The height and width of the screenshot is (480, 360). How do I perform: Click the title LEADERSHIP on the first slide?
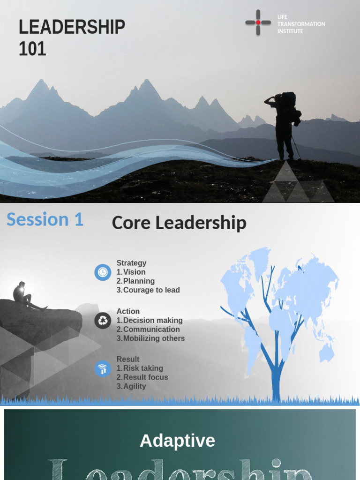pyautogui.click(x=72, y=28)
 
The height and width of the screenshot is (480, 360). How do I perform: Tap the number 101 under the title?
pyautogui.click(x=32, y=49)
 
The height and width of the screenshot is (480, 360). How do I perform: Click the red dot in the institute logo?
pyautogui.click(x=258, y=22)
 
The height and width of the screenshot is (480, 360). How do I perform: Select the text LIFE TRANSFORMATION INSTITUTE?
pyautogui.click(x=301, y=24)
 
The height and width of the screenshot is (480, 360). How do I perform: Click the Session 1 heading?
pyautogui.click(x=45, y=219)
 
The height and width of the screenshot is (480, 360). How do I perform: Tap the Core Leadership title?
pyautogui.click(x=179, y=223)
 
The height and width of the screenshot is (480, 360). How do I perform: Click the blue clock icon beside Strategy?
pyautogui.click(x=103, y=272)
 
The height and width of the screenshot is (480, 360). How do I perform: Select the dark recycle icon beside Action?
pyautogui.click(x=103, y=321)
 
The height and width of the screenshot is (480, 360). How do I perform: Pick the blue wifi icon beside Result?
pyautogui.click(x=103, y=368)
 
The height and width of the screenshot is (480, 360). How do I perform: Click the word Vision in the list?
pyautogui.click(x=134, y=272)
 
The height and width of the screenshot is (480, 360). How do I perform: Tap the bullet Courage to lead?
pyautogui.click(x=151, y=290)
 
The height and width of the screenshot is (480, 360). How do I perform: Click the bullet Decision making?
pyautogui.click(x=153, y=320)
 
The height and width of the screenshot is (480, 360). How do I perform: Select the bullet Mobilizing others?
pyautogui.click(x=154, y=338)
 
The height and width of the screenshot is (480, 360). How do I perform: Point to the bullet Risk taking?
pyautogui.click(x=143, y=368)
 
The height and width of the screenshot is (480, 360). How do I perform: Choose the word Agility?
pyautogui.click(x=135, y=386)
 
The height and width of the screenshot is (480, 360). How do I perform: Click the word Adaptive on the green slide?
pyautogui.click(x=177, y=441)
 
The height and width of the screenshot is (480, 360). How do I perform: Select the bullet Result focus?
pyautogui.click(x=145, y=377)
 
